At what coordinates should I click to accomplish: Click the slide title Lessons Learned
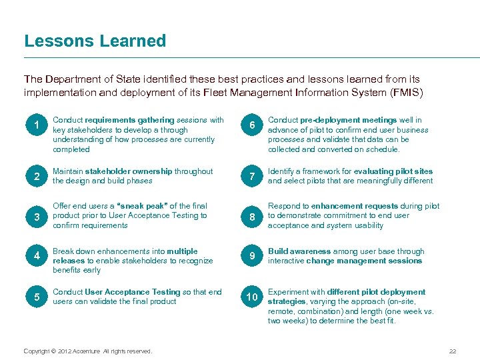point(95,41)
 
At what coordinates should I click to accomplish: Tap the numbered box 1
point(37,125)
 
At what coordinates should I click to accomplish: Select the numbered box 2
point(37,177)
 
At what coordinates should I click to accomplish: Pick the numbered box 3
point(37,217)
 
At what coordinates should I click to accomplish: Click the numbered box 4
point(37,257)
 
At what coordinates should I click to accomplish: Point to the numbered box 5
point(37,297)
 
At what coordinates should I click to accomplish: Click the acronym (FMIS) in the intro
point(404,93)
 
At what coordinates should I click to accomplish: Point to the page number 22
point(453,351)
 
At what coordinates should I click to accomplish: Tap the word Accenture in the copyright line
point(86,351)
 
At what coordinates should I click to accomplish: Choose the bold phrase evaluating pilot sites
point(393,171)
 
